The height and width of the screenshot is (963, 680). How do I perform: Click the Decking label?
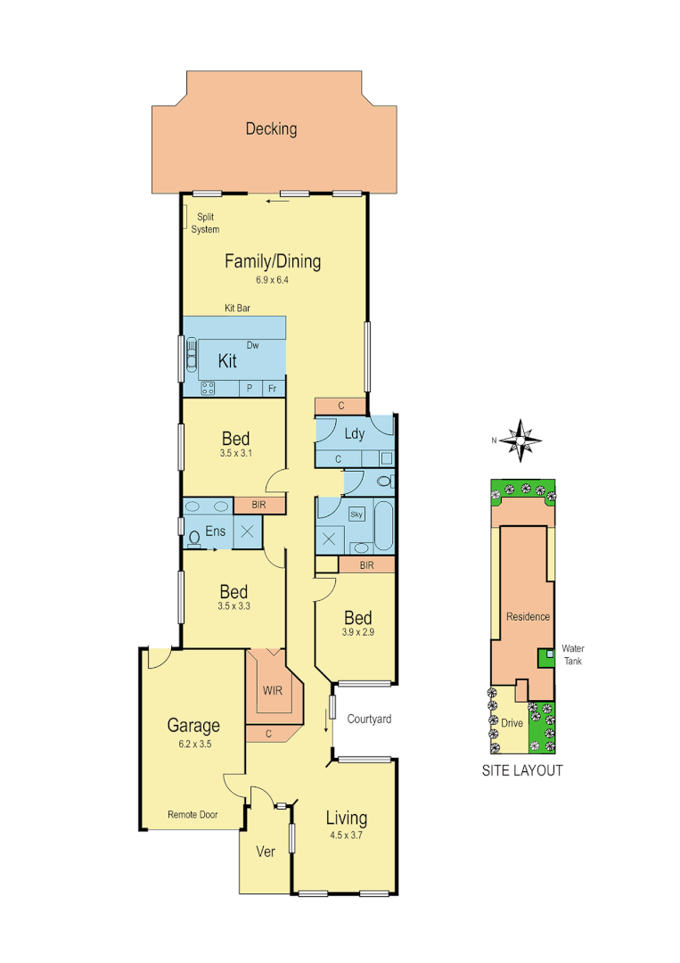tap(271, 129)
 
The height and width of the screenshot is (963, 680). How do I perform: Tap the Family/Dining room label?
tap(272, 261)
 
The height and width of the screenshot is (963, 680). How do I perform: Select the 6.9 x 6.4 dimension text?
tap(273, 280)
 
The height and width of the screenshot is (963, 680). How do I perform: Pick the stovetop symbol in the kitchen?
tap(208, 388)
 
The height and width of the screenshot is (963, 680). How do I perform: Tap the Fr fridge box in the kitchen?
tap(273, 388)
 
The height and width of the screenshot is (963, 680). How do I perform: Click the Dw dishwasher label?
tap(252, 345)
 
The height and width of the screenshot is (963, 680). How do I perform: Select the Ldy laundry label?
tap(353, 434)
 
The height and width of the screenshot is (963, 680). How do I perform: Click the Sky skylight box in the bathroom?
tap(356, 514)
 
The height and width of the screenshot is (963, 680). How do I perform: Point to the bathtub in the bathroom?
tap(384, 526)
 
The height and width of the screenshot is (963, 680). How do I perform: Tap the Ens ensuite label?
tap(216, 531)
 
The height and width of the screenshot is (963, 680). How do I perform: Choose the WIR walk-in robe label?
tap(272, 690)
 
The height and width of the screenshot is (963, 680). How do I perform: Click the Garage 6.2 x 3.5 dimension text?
tap(193, 743)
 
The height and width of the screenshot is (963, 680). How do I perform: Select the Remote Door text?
tap(193, 814)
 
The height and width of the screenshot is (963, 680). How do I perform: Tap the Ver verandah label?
tap(266, 852)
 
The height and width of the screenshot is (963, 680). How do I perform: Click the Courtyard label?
tap(370, 719)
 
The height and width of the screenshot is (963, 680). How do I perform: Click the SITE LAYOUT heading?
tap(522, 770)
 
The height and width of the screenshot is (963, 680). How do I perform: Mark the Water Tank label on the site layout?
tap(571, 654)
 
